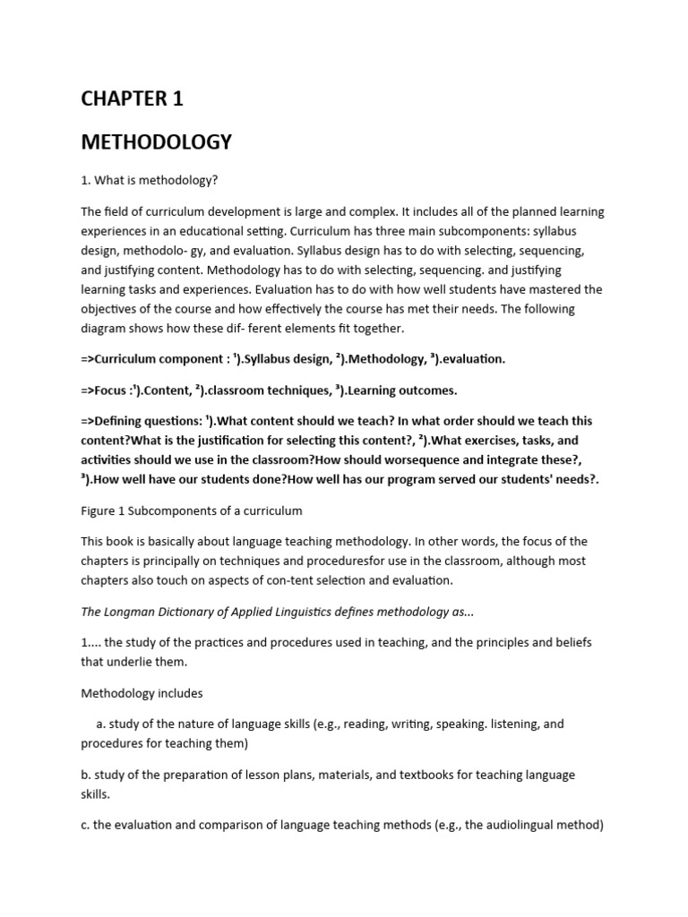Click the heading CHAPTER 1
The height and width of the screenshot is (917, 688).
tap(132, 99)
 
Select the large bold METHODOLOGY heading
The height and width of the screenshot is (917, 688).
tap(156, 141)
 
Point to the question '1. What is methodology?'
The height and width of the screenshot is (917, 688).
tap(150, 180)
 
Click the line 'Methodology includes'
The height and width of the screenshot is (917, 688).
tap(142, 693)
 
